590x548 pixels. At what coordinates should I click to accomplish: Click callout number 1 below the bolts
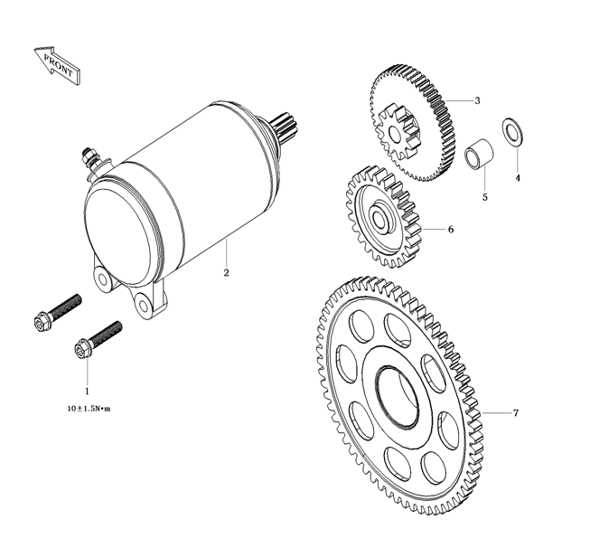point(87,392)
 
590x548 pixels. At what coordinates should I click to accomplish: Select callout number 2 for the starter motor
point(226,272)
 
